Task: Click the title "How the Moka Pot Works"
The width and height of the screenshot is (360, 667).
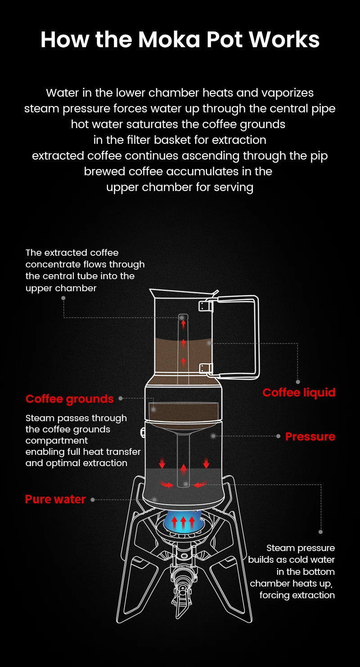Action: click(180, 40)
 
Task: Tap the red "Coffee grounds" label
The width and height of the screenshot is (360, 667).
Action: click(69, 399)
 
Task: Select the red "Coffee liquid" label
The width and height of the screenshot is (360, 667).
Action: click(299, 393)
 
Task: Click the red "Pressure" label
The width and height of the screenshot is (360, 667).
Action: click(310, 436)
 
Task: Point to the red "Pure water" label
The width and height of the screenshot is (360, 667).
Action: click(55, 499)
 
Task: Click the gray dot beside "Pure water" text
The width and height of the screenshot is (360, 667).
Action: click(93, 499)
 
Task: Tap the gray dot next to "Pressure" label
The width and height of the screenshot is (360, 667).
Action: click(279, 436)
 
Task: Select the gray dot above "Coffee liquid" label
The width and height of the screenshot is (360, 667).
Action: click(298, 382)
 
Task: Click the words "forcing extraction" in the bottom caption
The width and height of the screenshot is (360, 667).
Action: click(297, 595)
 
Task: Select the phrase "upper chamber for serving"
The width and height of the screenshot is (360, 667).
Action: click(180, 187)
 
